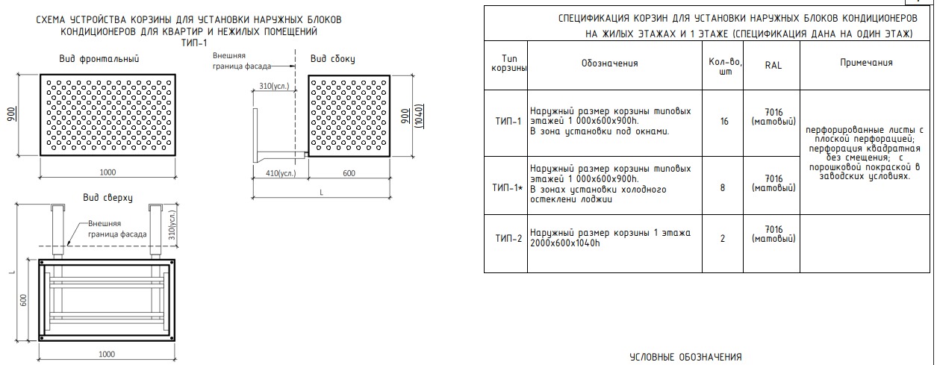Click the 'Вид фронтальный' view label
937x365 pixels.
[x=99, y=59]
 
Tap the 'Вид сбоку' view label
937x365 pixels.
[x=332, y=59]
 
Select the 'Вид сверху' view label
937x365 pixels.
[x=108, y=198]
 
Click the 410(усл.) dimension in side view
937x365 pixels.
[x=281, y=173]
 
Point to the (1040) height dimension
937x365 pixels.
[x=419, y=116]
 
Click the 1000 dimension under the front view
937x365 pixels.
[x=108, y=172]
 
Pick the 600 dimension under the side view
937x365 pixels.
[x=349, y=173]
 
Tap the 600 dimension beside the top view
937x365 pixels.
[x=23, y=300]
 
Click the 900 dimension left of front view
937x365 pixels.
[x=12, y=114]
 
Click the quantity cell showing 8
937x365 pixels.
[x=723, y=188]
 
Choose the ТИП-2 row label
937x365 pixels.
[x=508, y=239]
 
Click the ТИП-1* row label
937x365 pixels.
[x=508, y=188]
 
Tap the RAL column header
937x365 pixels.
[x=773, y=65]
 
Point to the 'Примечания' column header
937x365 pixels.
[x=866, y=63]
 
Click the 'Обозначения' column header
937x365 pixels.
[x=609, y=63]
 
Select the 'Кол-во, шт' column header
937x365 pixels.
[x=726, y=66]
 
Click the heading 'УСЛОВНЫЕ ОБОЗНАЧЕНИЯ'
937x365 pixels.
[x=685, y=357]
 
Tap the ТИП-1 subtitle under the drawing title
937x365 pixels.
[x=194, y=43]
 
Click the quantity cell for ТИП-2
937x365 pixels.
[x=723, y=239]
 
